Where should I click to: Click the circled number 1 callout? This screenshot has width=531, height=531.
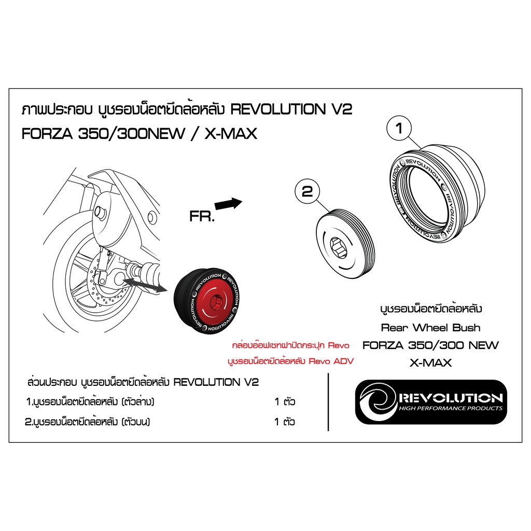click(399, 129)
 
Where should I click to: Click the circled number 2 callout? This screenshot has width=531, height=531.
click(308, 191)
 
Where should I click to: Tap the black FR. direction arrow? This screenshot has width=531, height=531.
click(229, 204)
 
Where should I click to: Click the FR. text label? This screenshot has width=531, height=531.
click(202, 217)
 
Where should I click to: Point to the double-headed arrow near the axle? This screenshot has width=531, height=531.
click(145, 284)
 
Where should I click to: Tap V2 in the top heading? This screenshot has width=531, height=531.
click(341, 109)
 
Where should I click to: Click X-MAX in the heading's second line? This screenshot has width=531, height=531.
click(231, 134)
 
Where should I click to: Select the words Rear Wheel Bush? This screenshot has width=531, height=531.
click(430, 328)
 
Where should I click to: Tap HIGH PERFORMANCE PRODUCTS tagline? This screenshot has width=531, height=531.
click(451, 409)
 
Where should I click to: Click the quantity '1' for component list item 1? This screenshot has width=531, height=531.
click(277, 402)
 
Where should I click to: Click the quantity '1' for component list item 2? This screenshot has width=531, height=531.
click(277, 422)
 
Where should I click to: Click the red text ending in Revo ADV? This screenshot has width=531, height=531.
click(290, 361)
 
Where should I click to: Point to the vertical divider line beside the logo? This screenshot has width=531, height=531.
click(328, 402)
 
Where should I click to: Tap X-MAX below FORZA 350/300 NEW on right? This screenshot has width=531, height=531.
click(430, 363)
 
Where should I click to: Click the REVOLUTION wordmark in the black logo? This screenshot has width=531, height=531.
click(451, 398)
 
